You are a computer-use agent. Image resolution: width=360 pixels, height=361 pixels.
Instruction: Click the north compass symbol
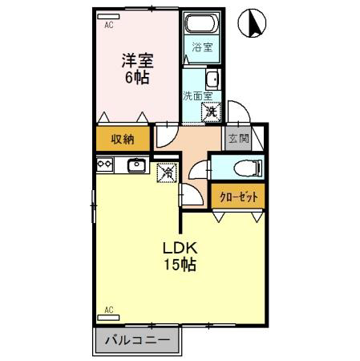click(252, 23)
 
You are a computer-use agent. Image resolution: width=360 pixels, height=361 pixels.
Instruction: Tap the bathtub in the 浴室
click(202, 23)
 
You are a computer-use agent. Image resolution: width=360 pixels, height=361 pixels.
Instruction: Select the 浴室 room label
click(202, 47)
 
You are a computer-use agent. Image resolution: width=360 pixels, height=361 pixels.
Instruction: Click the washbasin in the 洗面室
click(212, 79)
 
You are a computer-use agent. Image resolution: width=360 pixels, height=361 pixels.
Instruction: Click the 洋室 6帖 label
click(137, 69)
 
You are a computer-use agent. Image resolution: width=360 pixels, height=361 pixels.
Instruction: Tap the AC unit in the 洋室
click(108, 16)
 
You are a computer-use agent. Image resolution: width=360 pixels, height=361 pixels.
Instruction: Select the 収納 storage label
click(123, 139)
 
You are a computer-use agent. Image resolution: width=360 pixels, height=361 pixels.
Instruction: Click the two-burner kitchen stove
click(104, 164)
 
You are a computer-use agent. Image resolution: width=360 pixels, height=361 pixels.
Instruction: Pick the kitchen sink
click(136, 165)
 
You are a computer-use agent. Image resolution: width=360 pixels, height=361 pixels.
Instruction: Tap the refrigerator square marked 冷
click(167, 172)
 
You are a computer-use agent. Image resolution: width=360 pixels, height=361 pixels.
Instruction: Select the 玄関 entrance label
click(238, 139)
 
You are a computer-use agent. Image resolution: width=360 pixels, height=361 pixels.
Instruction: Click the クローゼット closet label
click(239, 197)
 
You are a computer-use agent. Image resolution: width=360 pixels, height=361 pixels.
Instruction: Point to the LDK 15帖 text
click(180, 257)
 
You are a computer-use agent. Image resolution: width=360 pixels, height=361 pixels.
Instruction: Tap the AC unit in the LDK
click(108, 318)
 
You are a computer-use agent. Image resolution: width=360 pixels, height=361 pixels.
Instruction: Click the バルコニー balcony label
click(137, 340)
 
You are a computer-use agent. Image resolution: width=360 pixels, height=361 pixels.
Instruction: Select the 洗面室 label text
click(197, 96)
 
